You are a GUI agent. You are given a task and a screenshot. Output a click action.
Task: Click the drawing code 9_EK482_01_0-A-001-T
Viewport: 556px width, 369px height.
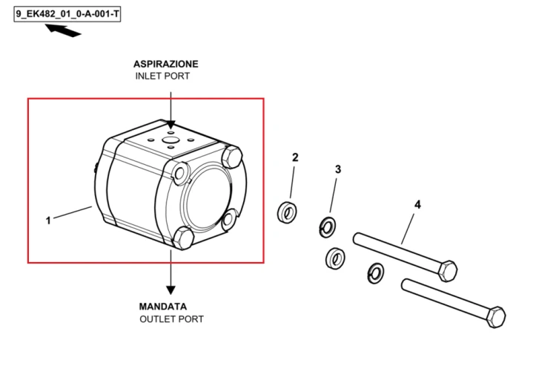(x=67, y=15)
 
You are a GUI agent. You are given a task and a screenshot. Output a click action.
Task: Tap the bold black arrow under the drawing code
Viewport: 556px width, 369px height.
(x=63, y=30)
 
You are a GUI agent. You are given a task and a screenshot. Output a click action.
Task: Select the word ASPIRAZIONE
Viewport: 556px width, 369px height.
(x=165, y=64)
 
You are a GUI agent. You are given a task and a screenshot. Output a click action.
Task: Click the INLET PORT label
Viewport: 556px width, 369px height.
(x=162, y=76)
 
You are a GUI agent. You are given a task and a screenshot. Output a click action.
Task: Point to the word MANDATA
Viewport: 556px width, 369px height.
(x=163, y=306)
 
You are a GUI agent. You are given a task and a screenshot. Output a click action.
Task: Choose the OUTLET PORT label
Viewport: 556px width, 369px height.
(x=172, y=319)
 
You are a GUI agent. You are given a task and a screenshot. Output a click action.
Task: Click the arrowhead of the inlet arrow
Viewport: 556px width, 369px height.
(x=171, y=125)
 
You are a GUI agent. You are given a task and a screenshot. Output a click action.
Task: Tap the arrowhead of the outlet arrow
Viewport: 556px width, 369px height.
(x=171, y=290)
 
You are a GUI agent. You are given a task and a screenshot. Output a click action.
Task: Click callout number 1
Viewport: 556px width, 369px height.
(x=48, y=221)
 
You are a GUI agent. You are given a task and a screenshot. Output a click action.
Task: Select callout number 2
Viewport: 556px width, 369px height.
(x=295, y=157)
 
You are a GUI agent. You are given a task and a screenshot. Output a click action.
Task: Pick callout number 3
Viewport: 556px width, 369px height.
(x=338, y=169)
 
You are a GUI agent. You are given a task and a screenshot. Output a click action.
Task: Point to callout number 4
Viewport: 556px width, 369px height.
(x=417, y=205)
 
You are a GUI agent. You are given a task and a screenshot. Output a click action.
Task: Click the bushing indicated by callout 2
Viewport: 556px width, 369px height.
(x=287, y=212)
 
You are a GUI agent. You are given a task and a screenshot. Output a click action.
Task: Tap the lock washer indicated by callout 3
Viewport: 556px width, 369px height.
(x=328, y=227)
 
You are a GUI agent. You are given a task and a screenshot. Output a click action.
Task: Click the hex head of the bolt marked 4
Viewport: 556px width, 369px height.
(x=448, y=271)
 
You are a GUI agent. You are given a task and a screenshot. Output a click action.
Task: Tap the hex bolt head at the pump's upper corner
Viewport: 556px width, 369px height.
(x=231, y=156)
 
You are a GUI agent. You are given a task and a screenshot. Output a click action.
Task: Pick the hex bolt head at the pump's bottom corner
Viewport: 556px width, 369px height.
(x=182, y=238)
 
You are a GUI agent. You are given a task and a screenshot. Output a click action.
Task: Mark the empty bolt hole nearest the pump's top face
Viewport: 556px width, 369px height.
(x=180, y=173)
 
